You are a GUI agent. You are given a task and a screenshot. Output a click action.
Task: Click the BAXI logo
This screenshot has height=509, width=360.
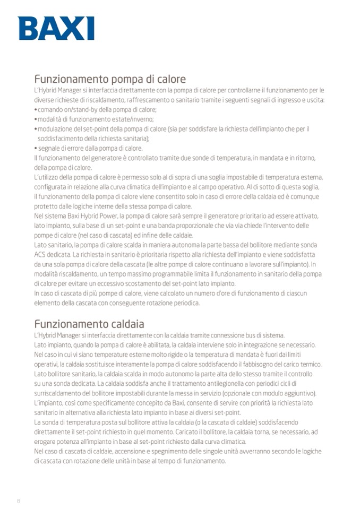coord(56,28)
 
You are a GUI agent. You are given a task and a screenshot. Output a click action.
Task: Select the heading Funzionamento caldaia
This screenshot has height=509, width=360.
coord(89,324)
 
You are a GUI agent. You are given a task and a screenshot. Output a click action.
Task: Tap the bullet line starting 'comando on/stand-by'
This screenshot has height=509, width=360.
coord(96,109)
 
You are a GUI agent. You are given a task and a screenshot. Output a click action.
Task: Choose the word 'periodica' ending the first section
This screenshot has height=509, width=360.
coord(186,303)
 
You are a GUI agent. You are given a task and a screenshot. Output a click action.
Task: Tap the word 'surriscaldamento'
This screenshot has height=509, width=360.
coord(58,393)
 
